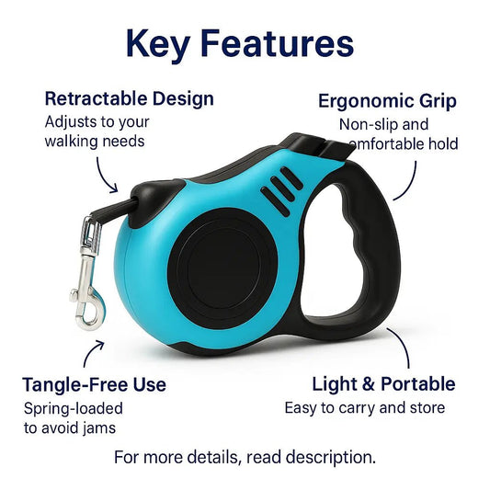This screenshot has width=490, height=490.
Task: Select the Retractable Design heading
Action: [129, 98]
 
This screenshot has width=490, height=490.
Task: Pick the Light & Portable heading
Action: [383, 383]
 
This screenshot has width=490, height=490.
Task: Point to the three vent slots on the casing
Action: [279, 188]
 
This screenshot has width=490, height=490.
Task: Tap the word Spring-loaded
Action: [74, 408]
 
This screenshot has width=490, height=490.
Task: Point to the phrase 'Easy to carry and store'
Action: [364, 408]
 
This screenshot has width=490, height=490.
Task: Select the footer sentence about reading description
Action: [245, 457]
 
